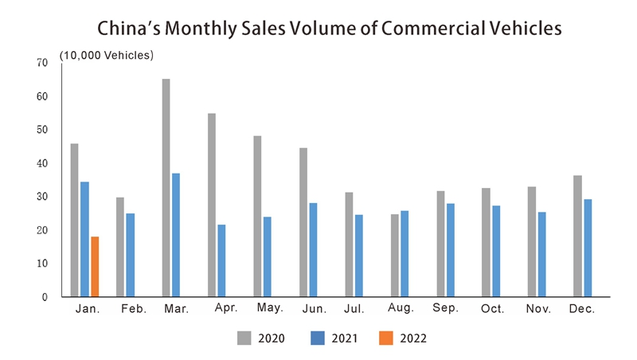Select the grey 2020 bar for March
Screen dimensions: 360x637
(x=166, y=188)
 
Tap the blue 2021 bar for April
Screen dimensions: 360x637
(x=221, y=260)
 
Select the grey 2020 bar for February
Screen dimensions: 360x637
(x=120, y=247)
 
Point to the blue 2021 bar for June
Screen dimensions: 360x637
(x=313, y=249)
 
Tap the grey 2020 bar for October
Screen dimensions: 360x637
(x=486, y=242)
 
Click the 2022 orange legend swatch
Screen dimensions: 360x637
(x=386, y=338)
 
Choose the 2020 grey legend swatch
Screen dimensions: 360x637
(x=244, y=338)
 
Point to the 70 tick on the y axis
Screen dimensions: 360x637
(x=42, y=63)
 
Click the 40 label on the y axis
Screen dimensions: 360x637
(x=42, y=163)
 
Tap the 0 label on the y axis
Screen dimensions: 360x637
(x=45, y=297)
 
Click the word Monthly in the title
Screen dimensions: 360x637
(x=199, y=28)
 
